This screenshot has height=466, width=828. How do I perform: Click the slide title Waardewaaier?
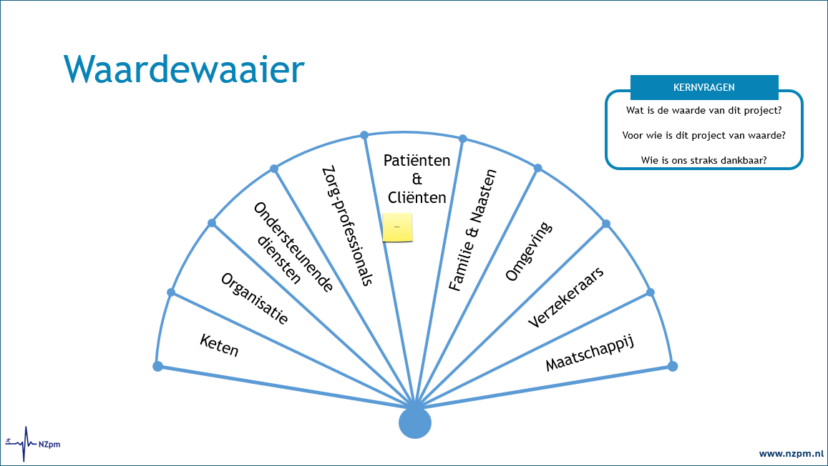point(184,69)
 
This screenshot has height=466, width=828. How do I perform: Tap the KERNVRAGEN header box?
point(703,88)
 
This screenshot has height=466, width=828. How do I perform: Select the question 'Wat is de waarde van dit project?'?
point(703,111)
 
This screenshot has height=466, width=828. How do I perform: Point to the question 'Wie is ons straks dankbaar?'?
point(703,159)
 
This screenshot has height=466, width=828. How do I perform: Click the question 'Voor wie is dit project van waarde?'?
point(703,135)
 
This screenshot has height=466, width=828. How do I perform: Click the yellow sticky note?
point(398,227)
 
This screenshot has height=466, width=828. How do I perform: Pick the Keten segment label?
point(219,346)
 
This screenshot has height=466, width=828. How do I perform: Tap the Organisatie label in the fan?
point(255,299)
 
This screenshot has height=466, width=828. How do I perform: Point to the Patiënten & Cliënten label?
point(417,179)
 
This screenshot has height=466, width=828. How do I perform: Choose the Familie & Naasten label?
point(472,229)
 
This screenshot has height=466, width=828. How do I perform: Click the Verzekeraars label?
point(565,297)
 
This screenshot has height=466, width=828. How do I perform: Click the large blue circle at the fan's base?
point(415,422)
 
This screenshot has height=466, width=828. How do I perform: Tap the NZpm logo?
point(33,443)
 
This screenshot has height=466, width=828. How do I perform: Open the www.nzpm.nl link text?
point(791,453)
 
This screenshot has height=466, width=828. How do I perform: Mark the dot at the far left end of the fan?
point(158,366)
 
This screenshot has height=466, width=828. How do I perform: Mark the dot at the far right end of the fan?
point(672,366)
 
